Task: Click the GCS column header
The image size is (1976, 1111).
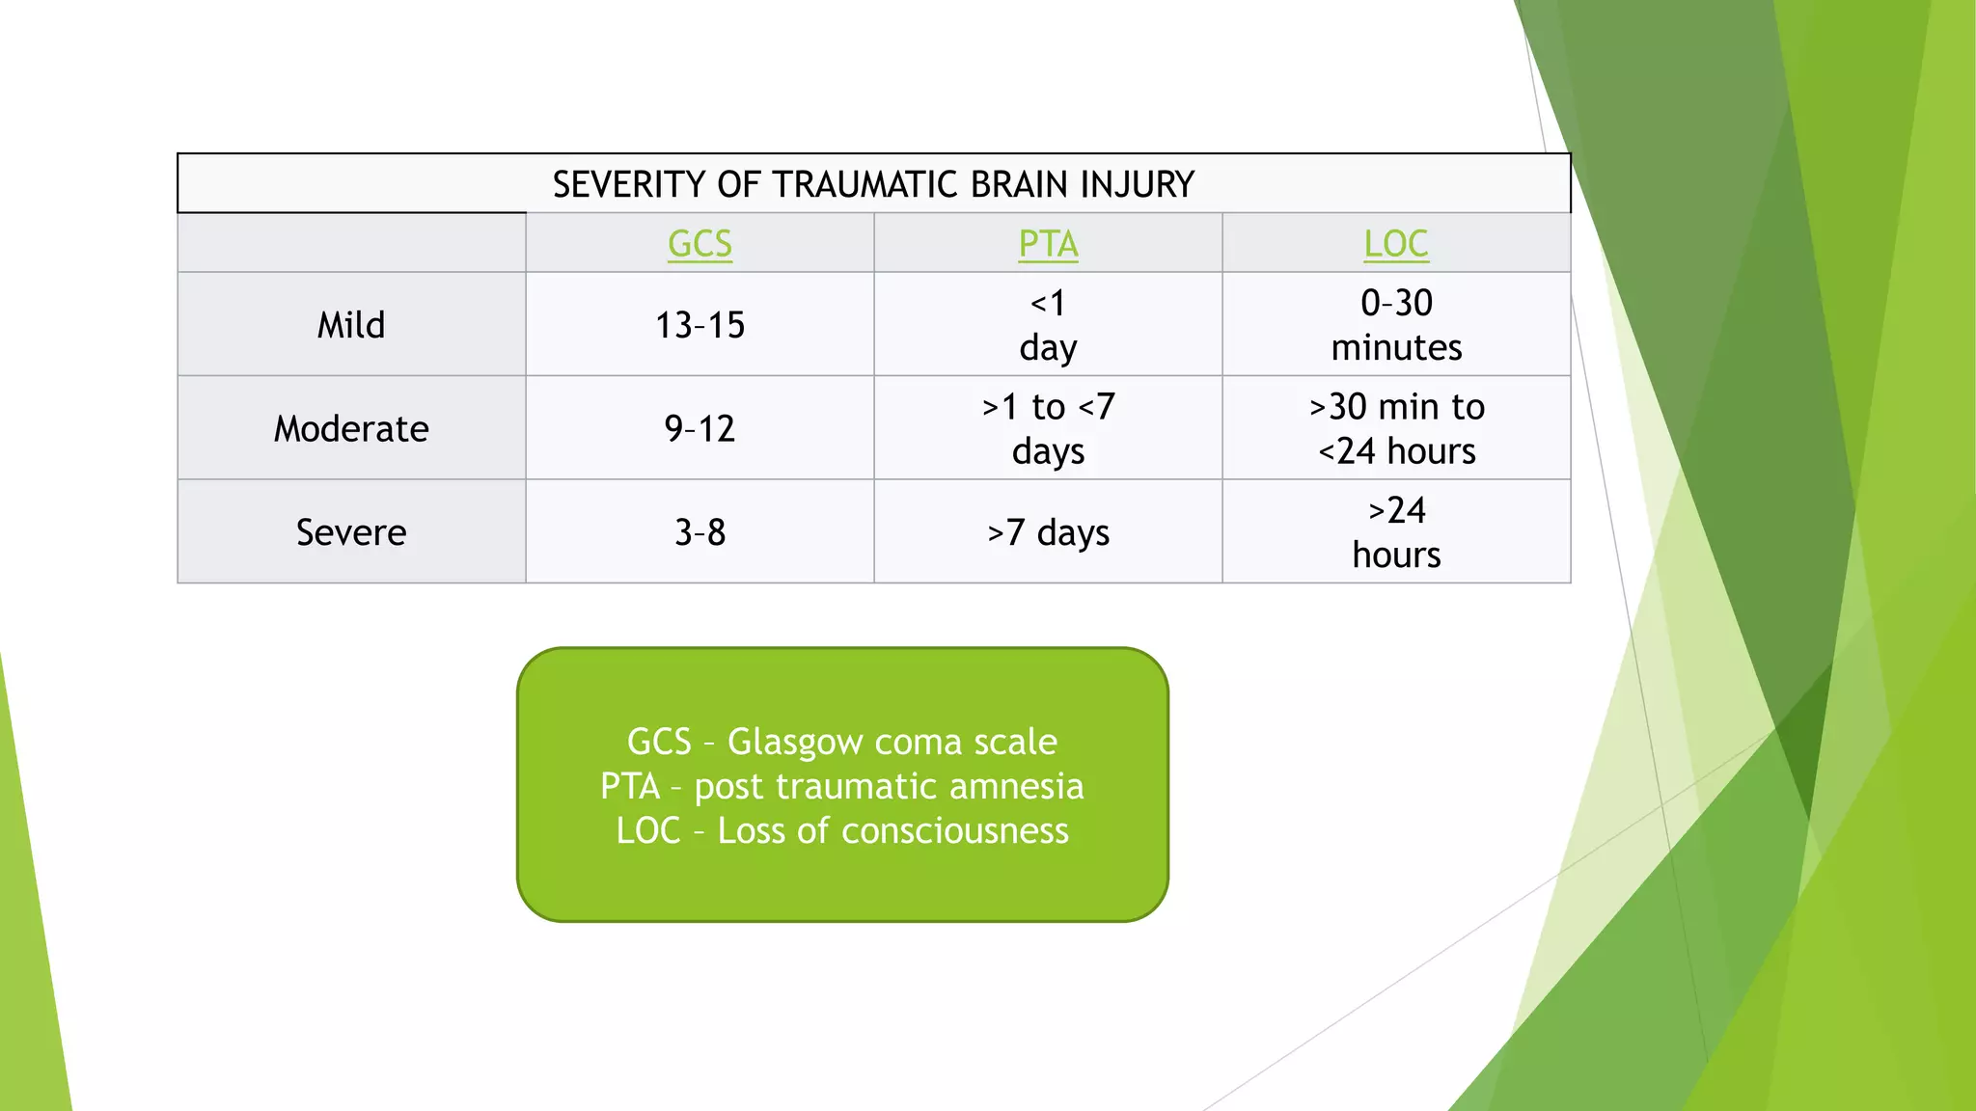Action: (x=700, y=244)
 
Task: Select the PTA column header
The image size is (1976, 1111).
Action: (x=1048, y=244)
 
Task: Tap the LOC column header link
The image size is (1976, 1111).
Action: (x=1395, y=244)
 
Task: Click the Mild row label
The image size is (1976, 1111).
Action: (x=351, y=325)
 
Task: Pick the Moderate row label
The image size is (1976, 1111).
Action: (x=351, y=428)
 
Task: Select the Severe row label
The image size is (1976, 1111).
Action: (x=351, y=532)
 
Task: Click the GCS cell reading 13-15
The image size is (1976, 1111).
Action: (x=700, y=325)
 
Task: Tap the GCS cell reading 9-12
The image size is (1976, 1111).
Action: (x=700, y=428)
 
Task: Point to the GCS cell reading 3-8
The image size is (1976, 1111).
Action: (x=700, y=532)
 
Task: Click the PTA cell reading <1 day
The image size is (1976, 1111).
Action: (x=1048, y=325)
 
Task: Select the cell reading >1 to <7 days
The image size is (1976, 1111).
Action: (x=1048, y=428)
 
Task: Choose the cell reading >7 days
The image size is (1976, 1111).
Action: (x=1048, y=532)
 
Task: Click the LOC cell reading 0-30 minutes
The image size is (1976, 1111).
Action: (x=1396, y=325)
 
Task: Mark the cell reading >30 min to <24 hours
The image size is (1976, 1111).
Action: (x=1396, y=428)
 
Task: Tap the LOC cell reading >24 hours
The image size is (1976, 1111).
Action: (x=1396, y=532)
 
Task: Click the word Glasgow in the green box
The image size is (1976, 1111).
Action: (x=796, y=742)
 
